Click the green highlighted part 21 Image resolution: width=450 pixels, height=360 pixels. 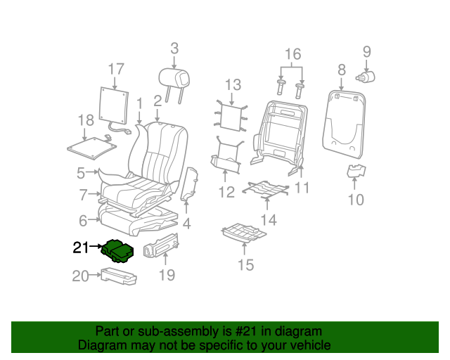117,251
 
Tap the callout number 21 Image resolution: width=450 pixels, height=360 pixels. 81,247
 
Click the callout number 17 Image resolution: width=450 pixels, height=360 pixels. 116,70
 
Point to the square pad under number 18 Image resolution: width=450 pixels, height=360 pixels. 92,148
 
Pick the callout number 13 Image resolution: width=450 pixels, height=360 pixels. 233,85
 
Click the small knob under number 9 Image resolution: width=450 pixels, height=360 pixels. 366,77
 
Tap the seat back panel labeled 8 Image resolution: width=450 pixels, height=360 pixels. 344,124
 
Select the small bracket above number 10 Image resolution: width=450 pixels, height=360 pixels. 356,170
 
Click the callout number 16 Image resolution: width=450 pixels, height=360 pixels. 293,54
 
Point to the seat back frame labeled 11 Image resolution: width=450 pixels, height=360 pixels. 279,136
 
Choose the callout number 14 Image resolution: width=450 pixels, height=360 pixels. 269,220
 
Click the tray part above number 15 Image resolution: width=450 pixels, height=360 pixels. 244,233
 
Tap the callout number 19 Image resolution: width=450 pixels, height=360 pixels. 167,276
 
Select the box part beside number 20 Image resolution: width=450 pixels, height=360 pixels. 119,276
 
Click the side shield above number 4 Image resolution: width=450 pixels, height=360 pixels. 189,184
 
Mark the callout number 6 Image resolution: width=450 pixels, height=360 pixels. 83,221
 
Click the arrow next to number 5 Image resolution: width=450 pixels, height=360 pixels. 92,172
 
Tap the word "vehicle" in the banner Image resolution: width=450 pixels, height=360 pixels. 312,345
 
